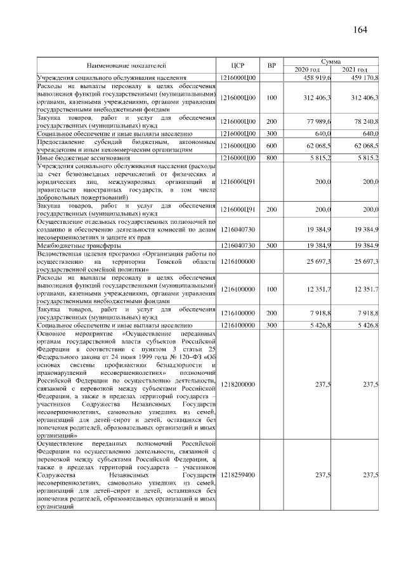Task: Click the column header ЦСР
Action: tap(239, 65)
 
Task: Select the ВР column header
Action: tap(272, 65)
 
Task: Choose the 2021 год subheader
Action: tap(355, 69)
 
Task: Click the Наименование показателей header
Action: tap(126, 65)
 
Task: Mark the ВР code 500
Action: tap(272, 245)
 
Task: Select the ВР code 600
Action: tap(272, 147)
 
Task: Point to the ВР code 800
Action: tap(272, 157)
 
